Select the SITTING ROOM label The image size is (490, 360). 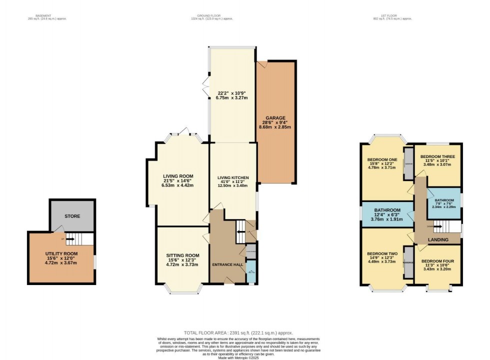click(x=182, y=255)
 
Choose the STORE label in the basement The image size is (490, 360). click(x=71, y=217)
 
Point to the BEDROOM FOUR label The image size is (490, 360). click(x=437, y=261)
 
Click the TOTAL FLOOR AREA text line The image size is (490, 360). click(x=238, y=332)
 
